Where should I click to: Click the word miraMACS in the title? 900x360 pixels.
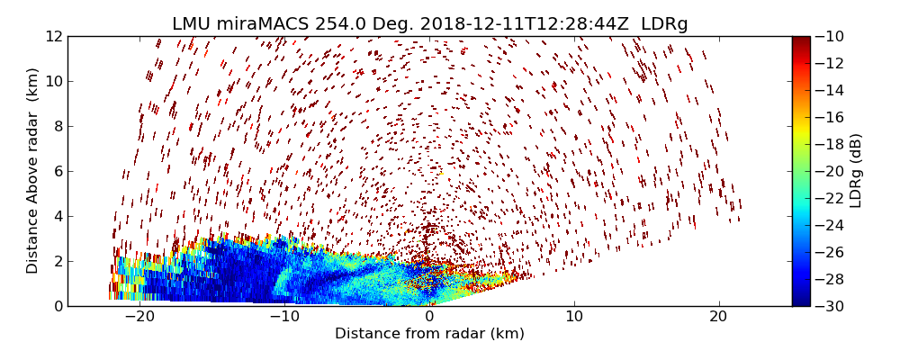(x=267, y=24)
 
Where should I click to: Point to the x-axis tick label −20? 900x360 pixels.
(x=139, y=317)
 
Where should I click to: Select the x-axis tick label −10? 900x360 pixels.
(x=284, y=317)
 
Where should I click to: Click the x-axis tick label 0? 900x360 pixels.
(x=429, y=317)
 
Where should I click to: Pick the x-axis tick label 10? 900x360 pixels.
(x=574, y=317)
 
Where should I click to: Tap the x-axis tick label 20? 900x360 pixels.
(x=718, y=317)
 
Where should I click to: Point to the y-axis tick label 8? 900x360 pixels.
(x=56, y=126)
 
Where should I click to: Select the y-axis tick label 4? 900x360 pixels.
(x=56, y=216)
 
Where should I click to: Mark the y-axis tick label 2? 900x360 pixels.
(x=56, y=261)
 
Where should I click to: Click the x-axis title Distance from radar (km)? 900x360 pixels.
(x=429, y=334)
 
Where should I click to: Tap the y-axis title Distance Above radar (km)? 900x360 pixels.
(x=32, y=171)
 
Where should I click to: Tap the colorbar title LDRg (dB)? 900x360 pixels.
(x=856, y=171)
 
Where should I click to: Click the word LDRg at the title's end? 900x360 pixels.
(x=664, y=24)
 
